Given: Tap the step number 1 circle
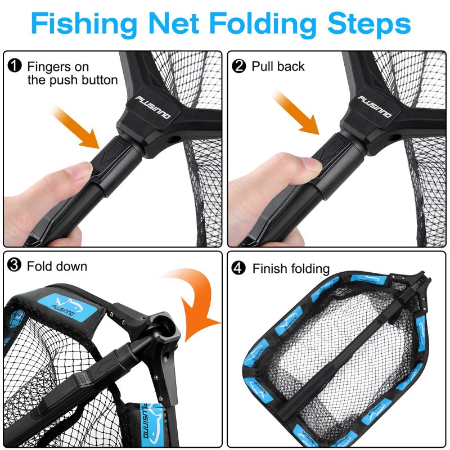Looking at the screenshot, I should pyautogui.click(x=15, y=66).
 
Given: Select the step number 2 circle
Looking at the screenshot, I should pyautogui.click(x=239, y=66).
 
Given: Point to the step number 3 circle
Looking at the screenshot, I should pyautogui.click(x=15, y=265).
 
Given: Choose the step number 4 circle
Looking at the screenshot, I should pyautogui.click(x=239, y=268).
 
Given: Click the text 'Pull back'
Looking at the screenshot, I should pyautogui.click(x=278, y=66).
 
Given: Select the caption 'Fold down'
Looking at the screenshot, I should pyautogui.click(x=57, y=265).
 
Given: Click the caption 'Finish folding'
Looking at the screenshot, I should pyautogui.click(x=291, y=269).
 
